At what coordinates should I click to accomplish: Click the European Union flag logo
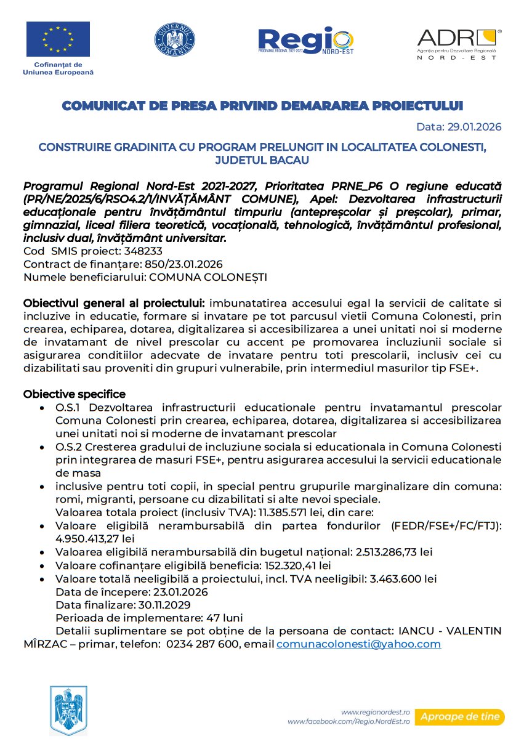58,39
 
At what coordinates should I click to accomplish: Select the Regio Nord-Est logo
306,41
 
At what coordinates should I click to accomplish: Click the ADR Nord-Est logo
459,43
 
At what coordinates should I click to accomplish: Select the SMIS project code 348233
143,251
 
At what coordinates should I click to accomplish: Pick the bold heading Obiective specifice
74,394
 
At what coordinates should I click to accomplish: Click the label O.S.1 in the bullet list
67,407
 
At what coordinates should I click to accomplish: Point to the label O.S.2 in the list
67,447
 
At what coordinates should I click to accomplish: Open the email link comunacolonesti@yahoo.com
358,644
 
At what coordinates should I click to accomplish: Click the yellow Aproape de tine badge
459,717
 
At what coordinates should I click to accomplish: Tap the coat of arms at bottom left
68,709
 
